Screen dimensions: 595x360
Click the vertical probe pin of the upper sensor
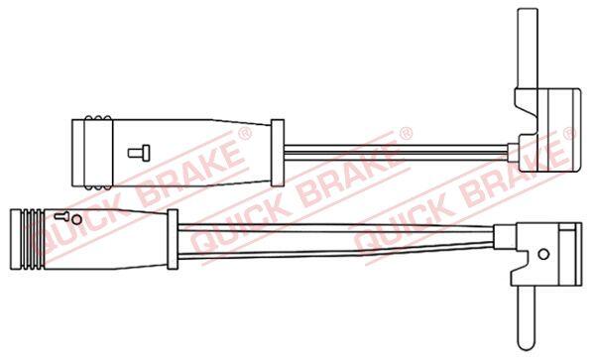pyautogui.click(x=528, y=50)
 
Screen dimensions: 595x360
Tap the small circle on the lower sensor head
pyautogui.click(x=543, y=254)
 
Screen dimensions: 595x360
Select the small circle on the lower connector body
pyautogui.click(x=76, y=219)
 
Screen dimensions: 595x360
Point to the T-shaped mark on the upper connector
pyautogui.click(x=139, y=153)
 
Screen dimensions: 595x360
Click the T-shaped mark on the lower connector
pyautogui.click(x=61, y=216)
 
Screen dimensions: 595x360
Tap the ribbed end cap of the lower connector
pyautogui.click(x=28, y=239)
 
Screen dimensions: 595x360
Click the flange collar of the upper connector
pyautogui.click(x=278, y=153)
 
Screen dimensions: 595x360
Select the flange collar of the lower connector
pyautogui.click(x=173, y=239)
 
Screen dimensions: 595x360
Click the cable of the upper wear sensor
pyautogui.click(x=396, y=150)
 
